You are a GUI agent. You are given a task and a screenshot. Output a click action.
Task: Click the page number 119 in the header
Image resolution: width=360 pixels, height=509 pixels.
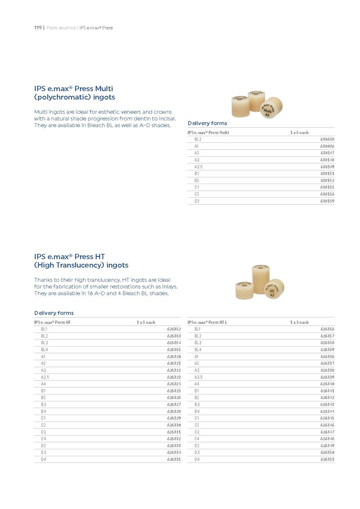click(37, 28)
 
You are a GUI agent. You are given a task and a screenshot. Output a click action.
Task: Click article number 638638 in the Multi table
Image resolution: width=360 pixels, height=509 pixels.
click(327, 139)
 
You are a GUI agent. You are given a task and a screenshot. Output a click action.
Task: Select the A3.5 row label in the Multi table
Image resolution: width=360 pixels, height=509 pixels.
click(199, 167)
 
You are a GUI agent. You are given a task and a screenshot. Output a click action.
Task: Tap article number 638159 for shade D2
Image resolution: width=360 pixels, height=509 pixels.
click(327, 201)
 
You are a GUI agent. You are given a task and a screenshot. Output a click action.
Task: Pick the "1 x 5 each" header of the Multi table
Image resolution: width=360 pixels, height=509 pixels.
click(299, 132)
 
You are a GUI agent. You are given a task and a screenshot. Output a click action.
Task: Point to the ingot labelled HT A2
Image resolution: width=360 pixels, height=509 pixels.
click(274, 289)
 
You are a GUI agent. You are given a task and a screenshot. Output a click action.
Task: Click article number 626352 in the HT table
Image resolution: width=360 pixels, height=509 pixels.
click(174, 329)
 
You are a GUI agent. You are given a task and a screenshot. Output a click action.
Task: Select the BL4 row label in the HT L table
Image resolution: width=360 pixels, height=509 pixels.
click(198, 350)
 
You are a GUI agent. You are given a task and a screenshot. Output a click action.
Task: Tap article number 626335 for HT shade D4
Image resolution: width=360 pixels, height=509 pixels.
click(174, 460)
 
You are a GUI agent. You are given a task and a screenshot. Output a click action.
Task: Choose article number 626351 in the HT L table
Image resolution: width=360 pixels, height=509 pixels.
click(327, 460)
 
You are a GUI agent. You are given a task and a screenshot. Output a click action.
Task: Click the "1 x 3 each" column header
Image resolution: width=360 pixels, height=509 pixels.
click(299, 322)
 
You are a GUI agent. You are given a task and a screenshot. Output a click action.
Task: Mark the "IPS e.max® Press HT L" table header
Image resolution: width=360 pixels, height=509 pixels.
click(207, 322)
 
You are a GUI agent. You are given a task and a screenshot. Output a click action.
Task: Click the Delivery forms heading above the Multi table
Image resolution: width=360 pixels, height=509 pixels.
click(207, 123)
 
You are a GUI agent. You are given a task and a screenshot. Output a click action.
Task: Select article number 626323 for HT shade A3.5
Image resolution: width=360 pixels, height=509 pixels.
click(174, 377)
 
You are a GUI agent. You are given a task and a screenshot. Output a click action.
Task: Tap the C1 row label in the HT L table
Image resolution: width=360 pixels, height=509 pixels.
click(197, 418)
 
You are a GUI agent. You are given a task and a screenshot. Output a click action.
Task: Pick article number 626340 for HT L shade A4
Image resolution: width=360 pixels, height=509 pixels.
click(327, 384)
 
